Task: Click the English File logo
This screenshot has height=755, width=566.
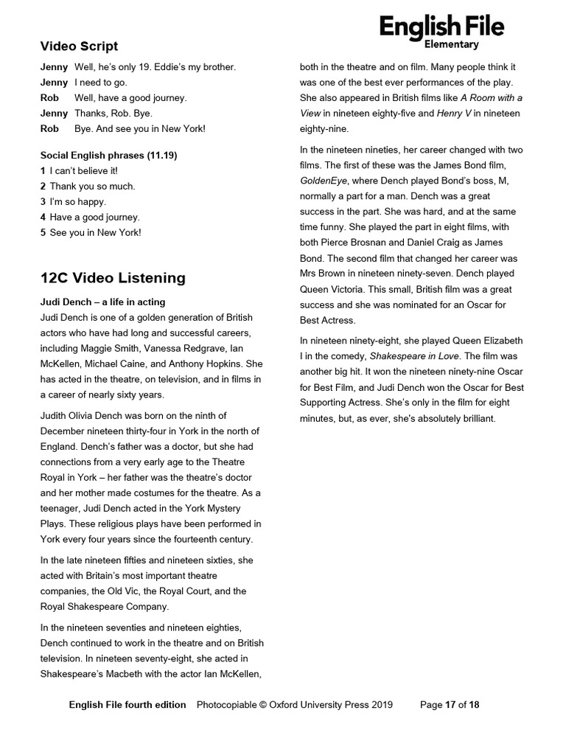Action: [x=441, y=27]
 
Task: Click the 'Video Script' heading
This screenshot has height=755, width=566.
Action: [x=79, y=46]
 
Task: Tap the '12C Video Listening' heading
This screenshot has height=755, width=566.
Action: [x=113, y=278]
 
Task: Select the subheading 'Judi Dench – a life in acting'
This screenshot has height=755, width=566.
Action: [x=102, y=302]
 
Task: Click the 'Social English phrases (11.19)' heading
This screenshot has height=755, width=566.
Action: [x=108, y=156]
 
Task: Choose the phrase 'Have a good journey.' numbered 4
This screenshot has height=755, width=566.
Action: [x=94, y=218]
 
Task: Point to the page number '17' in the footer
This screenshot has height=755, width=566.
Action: [x=450, y=705]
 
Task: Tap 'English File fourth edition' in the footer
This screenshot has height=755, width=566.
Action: [x=127, y=705]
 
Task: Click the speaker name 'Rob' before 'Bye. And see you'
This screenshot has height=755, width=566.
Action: [x=49, y=129]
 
